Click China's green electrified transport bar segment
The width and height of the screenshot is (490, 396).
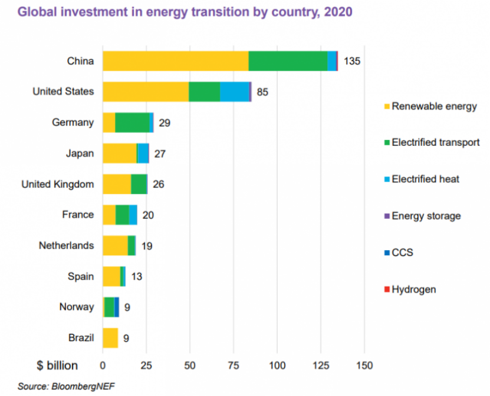pyautogui.click(x=288, y=61)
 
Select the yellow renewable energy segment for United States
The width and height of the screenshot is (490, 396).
pyautogui.click(x=146, y=92)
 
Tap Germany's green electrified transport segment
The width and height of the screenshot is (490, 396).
pyautogui.click(x=132, y=122)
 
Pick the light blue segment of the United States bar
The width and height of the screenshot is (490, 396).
pyautogui.click(x=234, y=92)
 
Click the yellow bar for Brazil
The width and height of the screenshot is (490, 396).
pyautogui.click(x=110, y=338)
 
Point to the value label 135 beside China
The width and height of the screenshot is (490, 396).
pyautogui.click(x=351, y=61)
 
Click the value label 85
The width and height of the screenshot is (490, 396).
pyautogui.click(x=262, y=92)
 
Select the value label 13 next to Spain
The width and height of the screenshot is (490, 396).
pyautogui.click(x=136, y=277)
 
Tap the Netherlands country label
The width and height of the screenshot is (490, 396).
pyautogui.click(x=66, y=245)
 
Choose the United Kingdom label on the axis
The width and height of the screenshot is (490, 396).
pyautogui.click(x=58, y=184)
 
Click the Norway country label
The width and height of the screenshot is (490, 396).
pyautogui.click(x=76, y=307)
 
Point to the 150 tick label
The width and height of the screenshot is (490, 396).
pyautogui.click(x=364, y=366)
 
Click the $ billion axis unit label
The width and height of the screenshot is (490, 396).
pyautogui.click(x=57, y=365)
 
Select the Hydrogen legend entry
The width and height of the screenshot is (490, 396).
pyautogui.click(x=413, y=289)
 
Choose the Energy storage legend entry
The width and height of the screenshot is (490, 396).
pyautogui.click(x=426, y=216)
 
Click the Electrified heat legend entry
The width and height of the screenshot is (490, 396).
pyautogui.click(x=425, y=179)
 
